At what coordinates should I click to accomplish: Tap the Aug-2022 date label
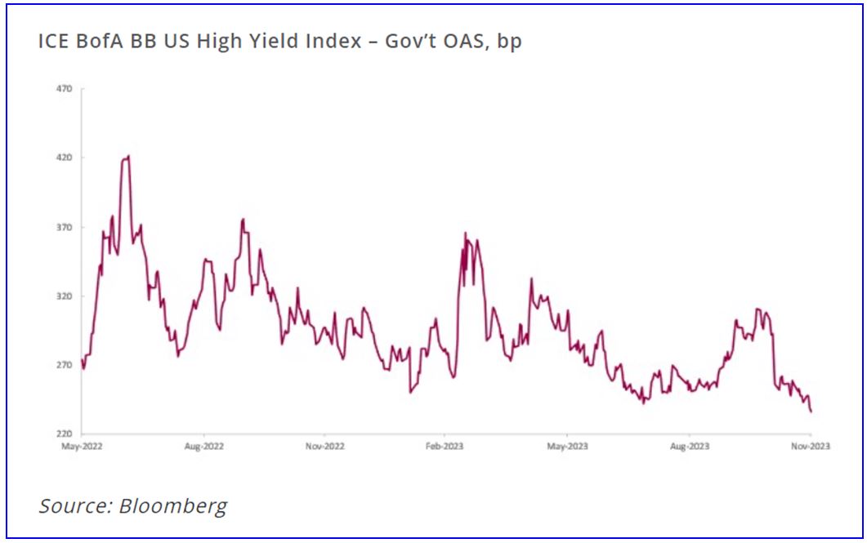pos(204,447)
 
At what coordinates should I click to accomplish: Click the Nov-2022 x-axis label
pos(324,447)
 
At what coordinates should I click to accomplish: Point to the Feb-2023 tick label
pos(445,447)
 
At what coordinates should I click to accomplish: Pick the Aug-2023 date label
pos(689,447)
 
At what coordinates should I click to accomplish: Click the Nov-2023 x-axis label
pos(810,447)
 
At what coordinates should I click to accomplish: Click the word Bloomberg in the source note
pos(172,505)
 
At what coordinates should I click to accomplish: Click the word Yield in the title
pos(275,41)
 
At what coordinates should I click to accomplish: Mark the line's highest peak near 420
pos(127,156)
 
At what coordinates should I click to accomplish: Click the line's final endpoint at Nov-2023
pos(811,412)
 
